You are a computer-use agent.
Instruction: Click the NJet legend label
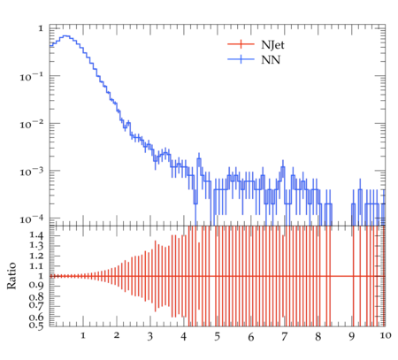[272, 45]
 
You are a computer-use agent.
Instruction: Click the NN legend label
[271, 60]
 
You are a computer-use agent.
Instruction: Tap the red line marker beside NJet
[241, 44]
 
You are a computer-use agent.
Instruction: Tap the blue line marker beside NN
[241, 59]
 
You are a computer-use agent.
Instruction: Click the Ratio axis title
[11, 275]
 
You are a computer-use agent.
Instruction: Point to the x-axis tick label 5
[218, 337]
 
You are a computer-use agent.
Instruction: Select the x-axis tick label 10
[386, 335]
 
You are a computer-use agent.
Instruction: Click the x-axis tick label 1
[83, 335]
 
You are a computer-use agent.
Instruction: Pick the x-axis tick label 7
[284, 337]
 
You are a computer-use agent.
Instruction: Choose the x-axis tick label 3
[150, 337]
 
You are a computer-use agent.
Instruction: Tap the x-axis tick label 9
[351, 337]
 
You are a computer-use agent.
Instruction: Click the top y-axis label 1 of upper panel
[41, 28]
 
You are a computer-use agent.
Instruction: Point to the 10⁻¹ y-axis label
[31, 77]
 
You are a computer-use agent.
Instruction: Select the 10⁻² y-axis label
[31, 124]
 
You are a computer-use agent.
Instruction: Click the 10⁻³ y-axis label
[31, 172]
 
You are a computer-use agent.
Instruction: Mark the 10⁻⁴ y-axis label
[31, 218]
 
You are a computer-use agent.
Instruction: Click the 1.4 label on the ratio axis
[36, 235]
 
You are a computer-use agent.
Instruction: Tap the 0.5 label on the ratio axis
[36, 326]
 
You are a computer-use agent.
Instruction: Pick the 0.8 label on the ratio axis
[36, 296]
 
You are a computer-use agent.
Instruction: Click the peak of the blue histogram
[66, 36]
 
